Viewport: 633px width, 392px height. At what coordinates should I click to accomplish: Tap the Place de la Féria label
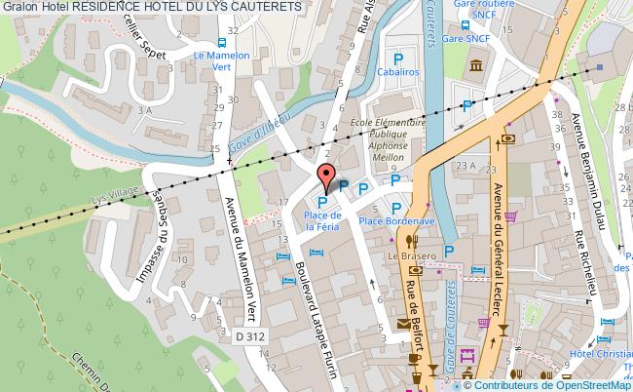(320, 220)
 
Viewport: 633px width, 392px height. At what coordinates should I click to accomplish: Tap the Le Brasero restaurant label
(409, 256)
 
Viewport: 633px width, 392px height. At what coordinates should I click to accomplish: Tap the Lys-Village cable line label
(112, 197)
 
